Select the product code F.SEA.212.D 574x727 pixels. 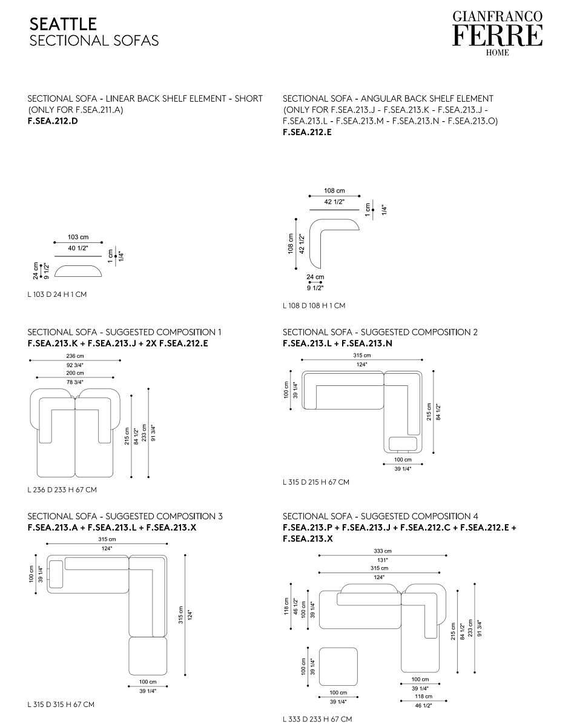tap(53, 121)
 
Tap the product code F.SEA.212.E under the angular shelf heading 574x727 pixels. tap(307, 132)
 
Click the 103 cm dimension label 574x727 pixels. tap(78, 237)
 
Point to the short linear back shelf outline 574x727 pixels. tap(78, 271)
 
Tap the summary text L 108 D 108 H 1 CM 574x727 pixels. tap(314, 306)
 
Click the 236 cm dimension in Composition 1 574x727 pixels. tap(76, 356)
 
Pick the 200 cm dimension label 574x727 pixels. tap(76, 373)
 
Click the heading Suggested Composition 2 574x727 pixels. tap(380, 332)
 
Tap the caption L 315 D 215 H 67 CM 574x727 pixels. tap(315, 482)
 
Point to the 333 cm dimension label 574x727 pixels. tap(383, 551)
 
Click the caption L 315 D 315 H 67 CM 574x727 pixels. tap(61, 705)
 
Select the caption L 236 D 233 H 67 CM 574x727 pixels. tap(62, 490)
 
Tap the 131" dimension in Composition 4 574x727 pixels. tap(383, 560)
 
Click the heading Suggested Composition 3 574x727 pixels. tap(125, 516)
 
